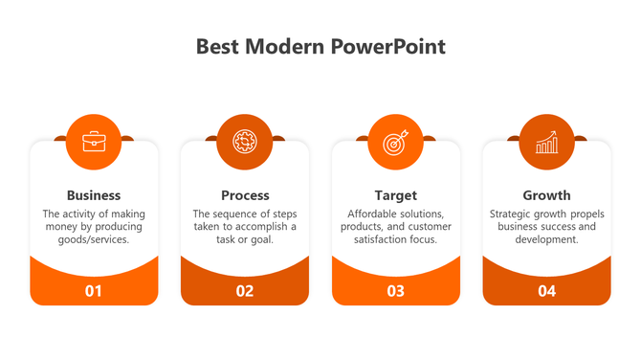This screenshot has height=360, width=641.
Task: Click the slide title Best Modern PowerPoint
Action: click(x=320, y=47)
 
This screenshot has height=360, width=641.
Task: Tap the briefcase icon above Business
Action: click(x=94, y=142)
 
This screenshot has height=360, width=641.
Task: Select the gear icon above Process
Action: click(x=245, y=142)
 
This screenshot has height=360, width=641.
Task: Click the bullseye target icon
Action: click(x=395, y=142)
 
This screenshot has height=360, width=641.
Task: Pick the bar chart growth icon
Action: click(x=546, y=142)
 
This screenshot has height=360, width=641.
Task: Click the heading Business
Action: click(x=94, y=195)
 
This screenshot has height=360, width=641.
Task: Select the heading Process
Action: click(x=245, y=195)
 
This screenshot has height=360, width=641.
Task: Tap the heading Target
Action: click(x=395, y=195)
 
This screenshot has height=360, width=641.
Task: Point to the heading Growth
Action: click(x=546, y=195)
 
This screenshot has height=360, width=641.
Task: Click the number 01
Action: click(x=94, y=291)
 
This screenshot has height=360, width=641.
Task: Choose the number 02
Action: click(x=245, y=291)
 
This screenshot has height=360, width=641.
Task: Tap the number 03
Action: click(x=395, y=291)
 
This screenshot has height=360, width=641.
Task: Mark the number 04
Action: click(x=546, y=291)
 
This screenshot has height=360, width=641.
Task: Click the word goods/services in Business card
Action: click(x=94, y=240)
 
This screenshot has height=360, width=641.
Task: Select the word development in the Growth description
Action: click(x=546, y=240)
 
